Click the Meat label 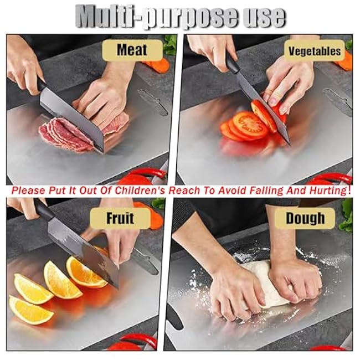(x=132, y=50)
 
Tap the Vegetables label (x=315, y=51)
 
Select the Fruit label (x=120, y=218)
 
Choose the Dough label (x=305, y=218)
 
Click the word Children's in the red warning (x=140, y=191)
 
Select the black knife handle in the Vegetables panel (x=233, y=64)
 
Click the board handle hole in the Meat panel (x=153, y=102)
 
